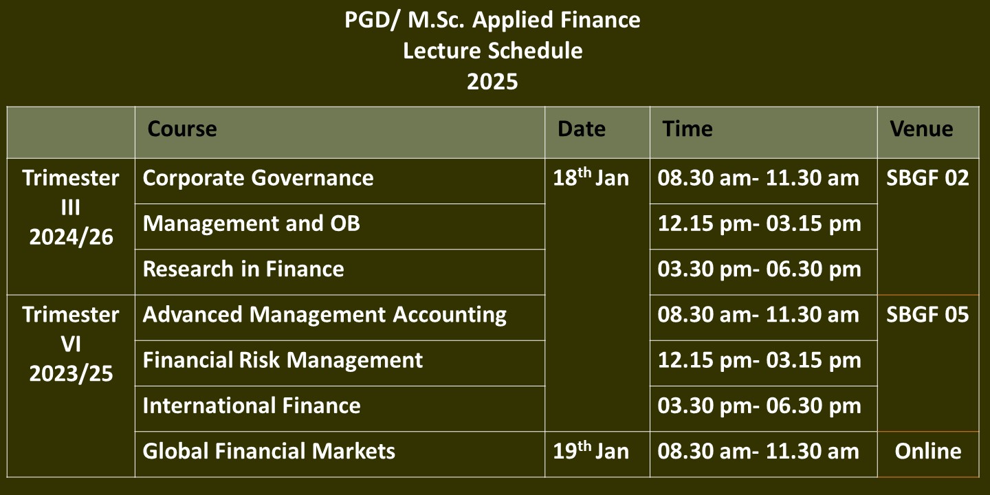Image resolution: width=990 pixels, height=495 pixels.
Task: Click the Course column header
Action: [x=182, y=129]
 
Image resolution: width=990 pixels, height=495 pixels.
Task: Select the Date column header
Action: [x=581, y=129]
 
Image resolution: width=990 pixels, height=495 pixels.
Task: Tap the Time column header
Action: [x=687, y=129]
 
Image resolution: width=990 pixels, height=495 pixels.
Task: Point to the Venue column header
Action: [x=921, y=129]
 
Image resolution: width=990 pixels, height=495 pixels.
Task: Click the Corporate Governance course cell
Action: [x=258, y=178]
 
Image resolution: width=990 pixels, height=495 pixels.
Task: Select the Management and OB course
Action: [x=252, y=223]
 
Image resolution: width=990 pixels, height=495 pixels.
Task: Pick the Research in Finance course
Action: [x=243, y=269]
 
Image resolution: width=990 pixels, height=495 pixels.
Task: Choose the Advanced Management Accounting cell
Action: [x=324, y=315]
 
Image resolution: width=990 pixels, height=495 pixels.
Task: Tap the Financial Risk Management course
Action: [x=283, y=360]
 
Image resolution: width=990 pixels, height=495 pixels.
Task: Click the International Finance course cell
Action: [x=252, y=406]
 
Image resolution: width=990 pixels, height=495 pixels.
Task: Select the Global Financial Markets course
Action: [x=269, y=451]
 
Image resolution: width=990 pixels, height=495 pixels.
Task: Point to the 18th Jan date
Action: [x=591, y=177]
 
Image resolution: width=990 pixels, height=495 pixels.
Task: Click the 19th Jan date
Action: [x=591, y=450]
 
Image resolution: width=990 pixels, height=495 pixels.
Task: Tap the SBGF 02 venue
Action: [x=927, y=178]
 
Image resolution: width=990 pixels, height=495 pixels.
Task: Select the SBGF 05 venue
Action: [x=927, y=315]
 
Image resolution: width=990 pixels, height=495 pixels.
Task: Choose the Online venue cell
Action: [x=928, y=451]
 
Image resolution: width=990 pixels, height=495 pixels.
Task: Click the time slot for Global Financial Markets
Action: [x=758, y=451]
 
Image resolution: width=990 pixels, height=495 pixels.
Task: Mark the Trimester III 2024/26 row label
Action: [x=71, y=208]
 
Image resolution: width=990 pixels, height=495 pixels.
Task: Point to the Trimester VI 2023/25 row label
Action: [x=71, y=344]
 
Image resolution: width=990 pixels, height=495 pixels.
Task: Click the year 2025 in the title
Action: [x=492, y=82]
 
